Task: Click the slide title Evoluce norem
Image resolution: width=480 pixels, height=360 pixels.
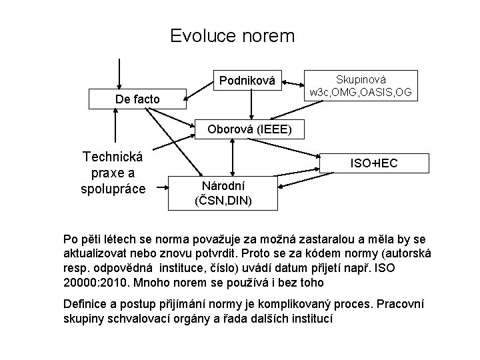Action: (232, 35)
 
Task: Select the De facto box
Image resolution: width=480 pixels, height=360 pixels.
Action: (137, 99)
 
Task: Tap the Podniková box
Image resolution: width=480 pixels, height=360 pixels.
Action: (247, 81)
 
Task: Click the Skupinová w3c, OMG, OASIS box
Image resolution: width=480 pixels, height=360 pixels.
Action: (360, 86)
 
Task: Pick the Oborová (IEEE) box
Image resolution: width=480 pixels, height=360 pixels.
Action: (249, 129)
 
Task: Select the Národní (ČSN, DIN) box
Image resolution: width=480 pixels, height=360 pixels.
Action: (223, 193)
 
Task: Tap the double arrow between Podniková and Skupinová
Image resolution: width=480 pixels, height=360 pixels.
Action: (294, 84)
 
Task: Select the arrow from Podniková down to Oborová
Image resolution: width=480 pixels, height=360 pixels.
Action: (251, 105)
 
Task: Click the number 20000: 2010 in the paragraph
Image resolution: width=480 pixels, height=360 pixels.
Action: (93, 282)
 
